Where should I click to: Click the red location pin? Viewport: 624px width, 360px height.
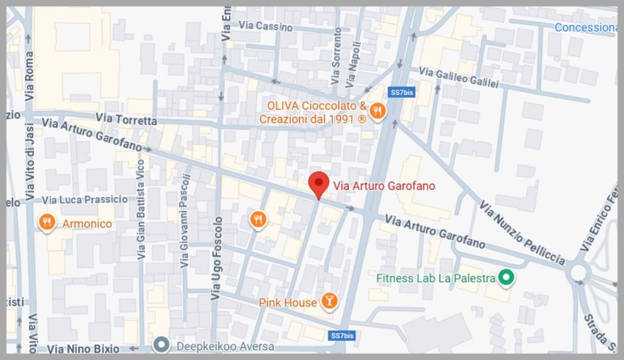coord(318,184)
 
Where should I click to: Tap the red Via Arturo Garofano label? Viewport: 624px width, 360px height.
coord(384,186)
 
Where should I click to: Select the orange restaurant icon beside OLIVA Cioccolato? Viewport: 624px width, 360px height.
coord(378,111)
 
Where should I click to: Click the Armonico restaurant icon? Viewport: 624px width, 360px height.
coord(47,223)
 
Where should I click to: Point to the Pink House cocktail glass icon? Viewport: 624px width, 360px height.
coord(330,300)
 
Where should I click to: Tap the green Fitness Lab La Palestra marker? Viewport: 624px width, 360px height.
coord(505,278)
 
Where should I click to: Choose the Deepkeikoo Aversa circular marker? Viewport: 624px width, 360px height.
coord(161,345)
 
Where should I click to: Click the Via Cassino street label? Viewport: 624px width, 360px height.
coord(266,26)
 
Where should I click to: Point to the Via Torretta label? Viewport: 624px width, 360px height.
coord(126,119)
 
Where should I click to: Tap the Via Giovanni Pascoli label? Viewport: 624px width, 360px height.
coord(185,221)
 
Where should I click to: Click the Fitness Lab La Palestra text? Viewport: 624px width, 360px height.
coord(436,278)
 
